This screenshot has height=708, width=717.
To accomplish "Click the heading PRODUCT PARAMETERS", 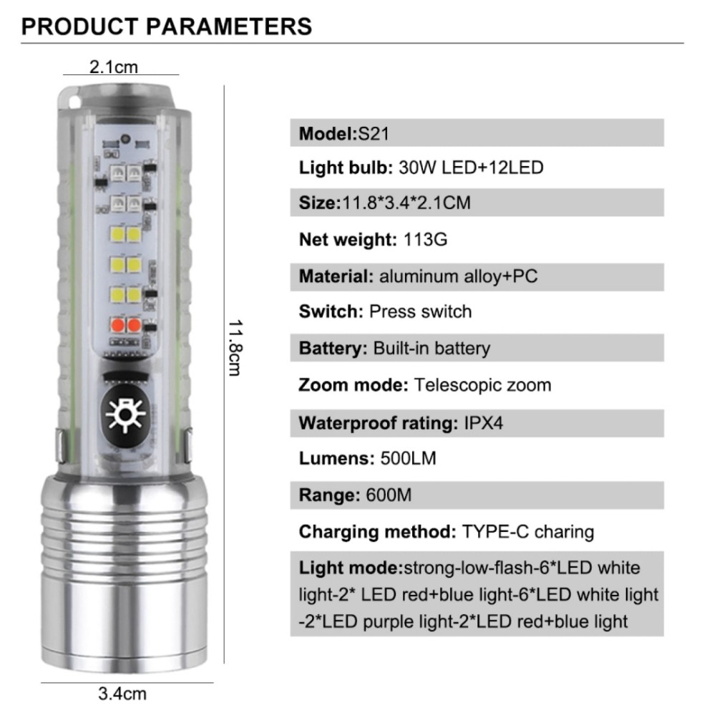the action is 167,26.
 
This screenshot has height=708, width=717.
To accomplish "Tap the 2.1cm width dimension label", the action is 113,67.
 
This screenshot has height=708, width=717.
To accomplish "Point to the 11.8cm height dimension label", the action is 235,348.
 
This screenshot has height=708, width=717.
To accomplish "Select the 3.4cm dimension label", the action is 122,694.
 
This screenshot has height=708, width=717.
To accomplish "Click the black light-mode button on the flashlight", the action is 125,415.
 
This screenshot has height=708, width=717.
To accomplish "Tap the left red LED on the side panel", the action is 117,325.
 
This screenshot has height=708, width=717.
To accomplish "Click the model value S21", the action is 374,134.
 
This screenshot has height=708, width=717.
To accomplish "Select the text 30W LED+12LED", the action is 471,168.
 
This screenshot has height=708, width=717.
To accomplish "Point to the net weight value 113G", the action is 425,239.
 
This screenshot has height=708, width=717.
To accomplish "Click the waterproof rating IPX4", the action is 483,423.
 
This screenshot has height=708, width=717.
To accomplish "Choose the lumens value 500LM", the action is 408,458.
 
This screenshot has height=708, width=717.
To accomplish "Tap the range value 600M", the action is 389,495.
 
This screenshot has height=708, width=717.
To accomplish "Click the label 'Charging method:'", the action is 377,532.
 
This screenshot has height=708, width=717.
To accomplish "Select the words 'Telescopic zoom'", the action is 482,385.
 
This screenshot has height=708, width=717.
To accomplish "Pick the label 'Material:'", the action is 336,276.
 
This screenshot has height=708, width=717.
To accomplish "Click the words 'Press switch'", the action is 420,311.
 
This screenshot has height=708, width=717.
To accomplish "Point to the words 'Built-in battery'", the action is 431,349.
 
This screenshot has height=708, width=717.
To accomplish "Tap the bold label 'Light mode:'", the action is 350,568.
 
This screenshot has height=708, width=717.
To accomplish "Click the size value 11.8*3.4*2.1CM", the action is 406,203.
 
